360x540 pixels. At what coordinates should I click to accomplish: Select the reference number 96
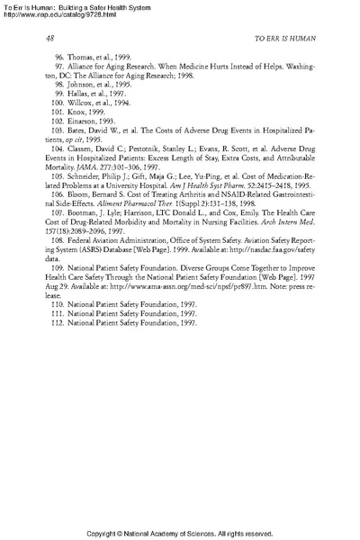coord(61,57)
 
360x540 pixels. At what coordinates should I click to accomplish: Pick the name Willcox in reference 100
coord(85,102)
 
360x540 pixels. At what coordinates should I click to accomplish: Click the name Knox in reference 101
coord(80,111)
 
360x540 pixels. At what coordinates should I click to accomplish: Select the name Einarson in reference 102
coord(87,120)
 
